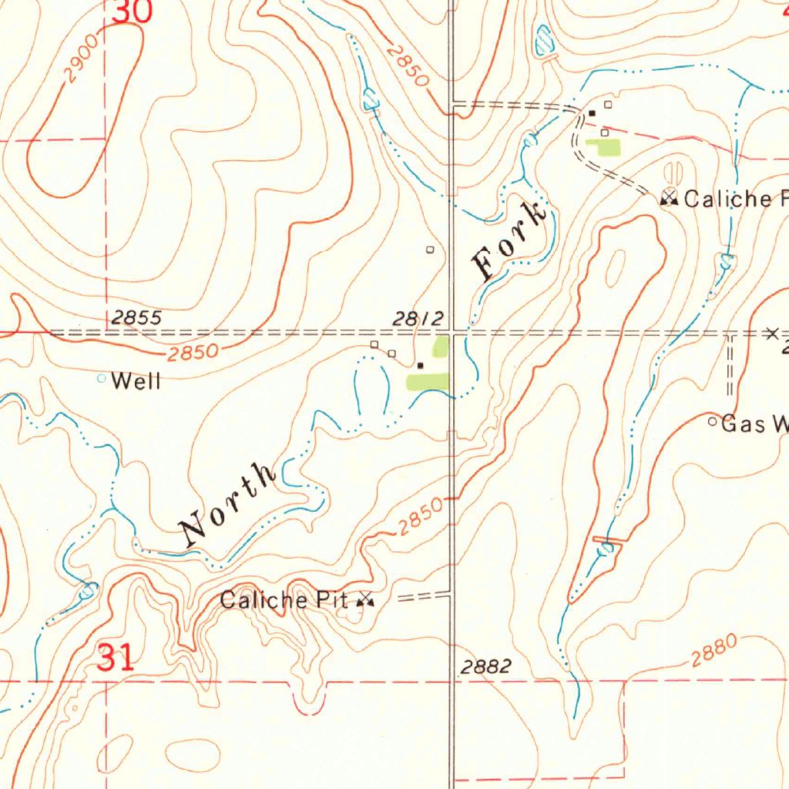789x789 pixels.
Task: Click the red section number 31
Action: [116, 658]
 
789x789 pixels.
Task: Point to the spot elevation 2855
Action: [136, 317]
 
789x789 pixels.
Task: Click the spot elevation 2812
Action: [418, 318]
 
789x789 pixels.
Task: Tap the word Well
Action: [136, 381]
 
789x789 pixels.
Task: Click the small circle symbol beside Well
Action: [101, 378]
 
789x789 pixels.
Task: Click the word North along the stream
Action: [228, 505]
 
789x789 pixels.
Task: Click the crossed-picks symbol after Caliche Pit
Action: [365, 599]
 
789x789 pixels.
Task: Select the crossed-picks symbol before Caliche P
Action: [669, 198]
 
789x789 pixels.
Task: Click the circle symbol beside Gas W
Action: [713, 421]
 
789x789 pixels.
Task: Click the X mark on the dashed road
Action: [772, 333]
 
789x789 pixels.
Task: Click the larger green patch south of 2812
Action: [428, 381]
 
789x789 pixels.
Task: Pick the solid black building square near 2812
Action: [420, 365]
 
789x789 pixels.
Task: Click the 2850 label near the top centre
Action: [408, 65]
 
